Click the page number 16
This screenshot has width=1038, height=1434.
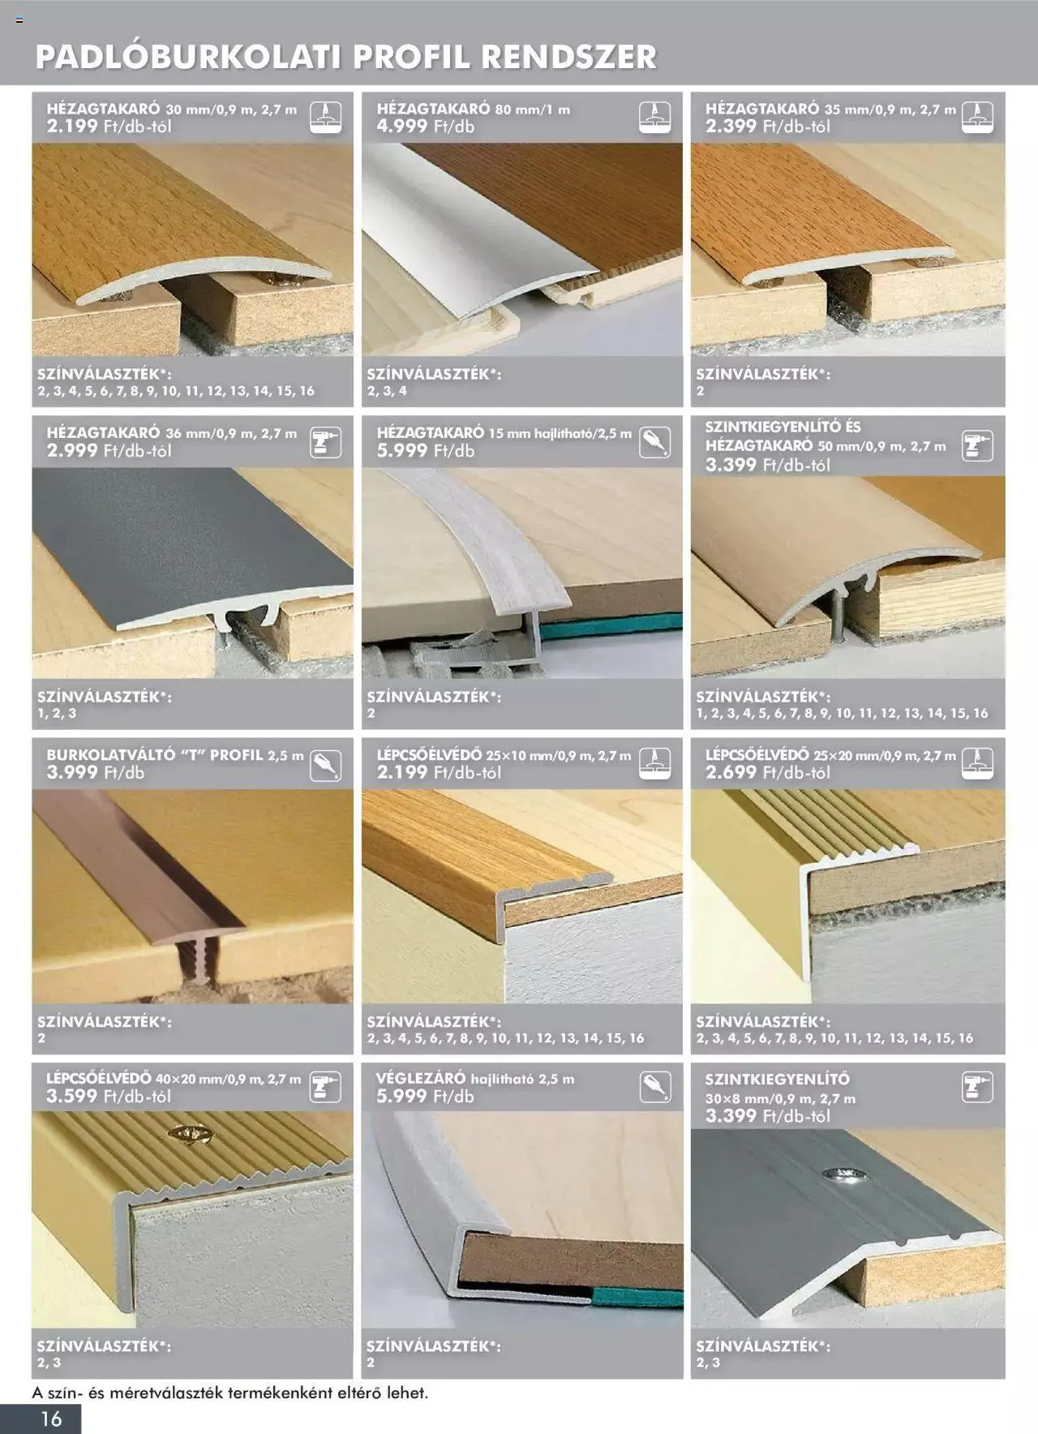51,1418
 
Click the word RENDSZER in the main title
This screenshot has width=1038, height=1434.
568,58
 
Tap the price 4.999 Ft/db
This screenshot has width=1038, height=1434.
425,126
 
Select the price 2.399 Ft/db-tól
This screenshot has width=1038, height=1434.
767,126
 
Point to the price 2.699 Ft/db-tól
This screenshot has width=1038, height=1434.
767,772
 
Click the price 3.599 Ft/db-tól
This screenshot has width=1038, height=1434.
109,1096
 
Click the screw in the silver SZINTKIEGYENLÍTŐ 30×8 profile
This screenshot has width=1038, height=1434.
834,1174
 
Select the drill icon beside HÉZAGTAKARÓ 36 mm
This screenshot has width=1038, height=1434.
326,442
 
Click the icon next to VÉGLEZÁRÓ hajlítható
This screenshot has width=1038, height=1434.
655,1087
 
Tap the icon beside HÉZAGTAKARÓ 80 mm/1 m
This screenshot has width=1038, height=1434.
655,117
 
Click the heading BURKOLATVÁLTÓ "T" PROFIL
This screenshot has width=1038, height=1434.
154,755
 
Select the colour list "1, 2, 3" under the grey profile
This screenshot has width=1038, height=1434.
57,713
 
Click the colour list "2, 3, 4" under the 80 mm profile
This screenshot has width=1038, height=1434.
387,391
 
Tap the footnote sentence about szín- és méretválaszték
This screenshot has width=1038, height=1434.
229,1393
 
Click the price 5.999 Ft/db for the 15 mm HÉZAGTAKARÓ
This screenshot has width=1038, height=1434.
425,450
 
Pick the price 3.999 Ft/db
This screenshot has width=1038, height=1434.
95,772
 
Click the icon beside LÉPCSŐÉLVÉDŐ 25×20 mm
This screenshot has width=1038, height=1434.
978,764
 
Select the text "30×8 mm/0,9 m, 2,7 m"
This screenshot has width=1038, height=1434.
780,1099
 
